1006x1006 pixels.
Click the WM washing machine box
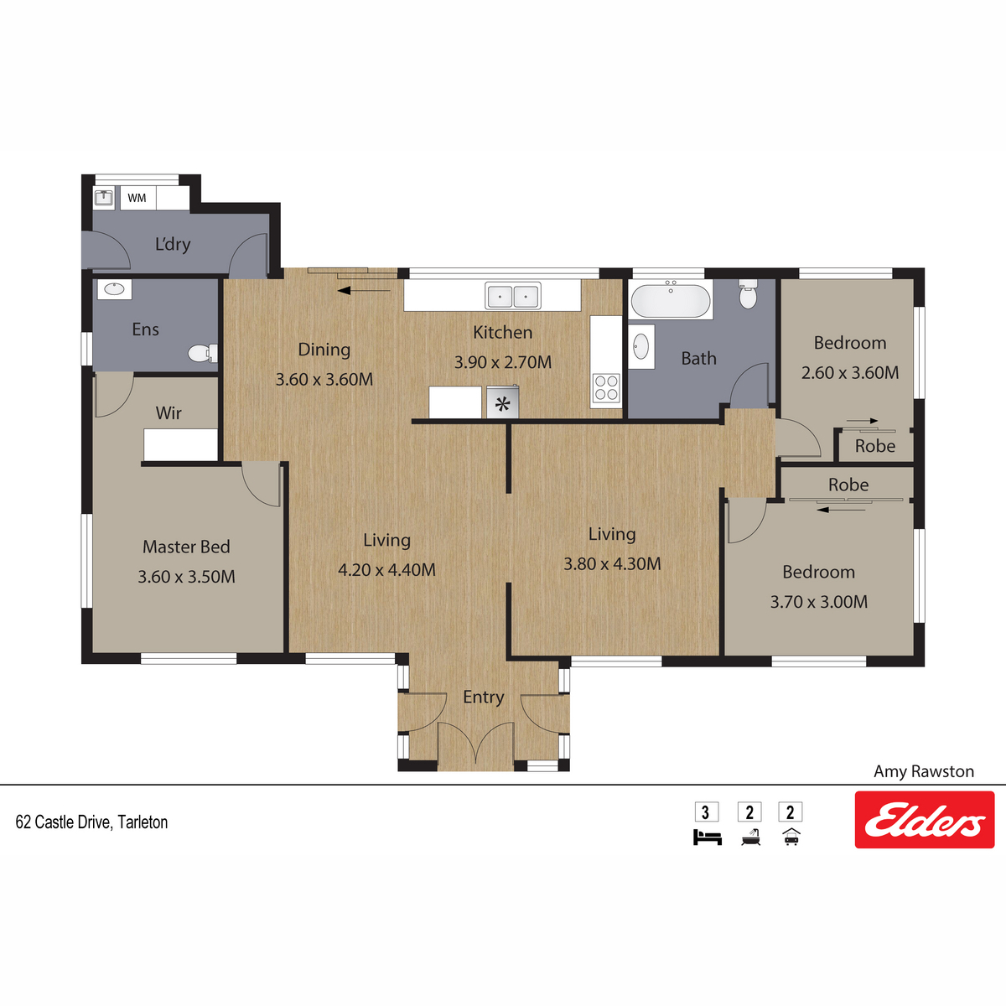[x=137, y=198]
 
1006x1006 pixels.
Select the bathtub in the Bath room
[x=671, y=301]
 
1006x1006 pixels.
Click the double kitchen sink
[x=513, y=296]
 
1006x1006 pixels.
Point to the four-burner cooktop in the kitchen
[x=606, y=388]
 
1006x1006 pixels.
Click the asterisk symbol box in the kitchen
[x=503, y=402]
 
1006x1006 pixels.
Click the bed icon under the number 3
[x=707, y=837]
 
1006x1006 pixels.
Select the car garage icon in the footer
[x=791, y=837]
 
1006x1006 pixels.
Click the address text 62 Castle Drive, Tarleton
[x=92, y=822]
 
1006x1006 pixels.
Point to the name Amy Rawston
[x=924, y=771]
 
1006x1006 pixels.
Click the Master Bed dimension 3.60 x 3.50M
[x=186, y=576]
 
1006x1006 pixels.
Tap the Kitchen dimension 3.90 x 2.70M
[x=503, y=362]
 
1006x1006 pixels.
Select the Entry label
[x=484, y=697]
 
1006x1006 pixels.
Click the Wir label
[x=169, y=413]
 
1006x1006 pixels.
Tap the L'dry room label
[x=173, y=244]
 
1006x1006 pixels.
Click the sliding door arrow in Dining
[x=363, y=290]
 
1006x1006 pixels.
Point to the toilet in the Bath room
[x=748, y=294]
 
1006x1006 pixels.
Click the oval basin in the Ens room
[x=114, y=289]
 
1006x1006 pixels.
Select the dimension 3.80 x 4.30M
[x=612, y=564]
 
